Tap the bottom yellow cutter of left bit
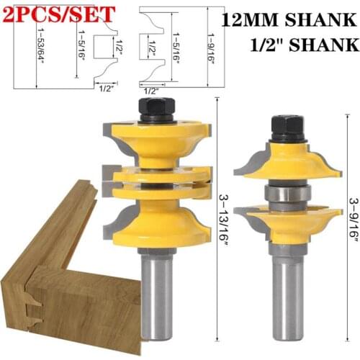coord(158,220)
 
